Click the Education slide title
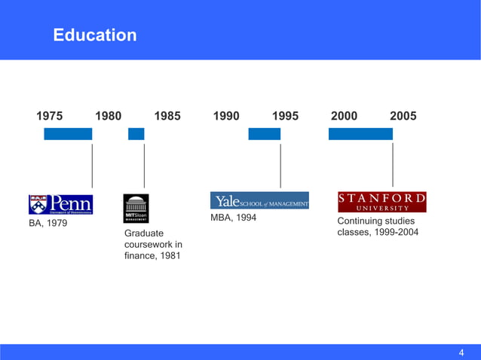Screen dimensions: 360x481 coord(95,35)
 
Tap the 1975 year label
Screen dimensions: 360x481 coord(50,116)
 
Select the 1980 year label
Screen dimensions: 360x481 coord(109,116)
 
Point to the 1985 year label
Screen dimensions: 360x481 coord(167,116)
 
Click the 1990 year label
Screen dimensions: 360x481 coord(226,116)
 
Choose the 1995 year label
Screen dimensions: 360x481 coord(285,116)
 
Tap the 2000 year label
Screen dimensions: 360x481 coord(344,116)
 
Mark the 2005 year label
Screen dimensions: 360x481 coord(403,116)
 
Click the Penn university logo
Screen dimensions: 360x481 coord(60,205)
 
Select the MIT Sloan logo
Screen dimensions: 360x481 coord(136,209)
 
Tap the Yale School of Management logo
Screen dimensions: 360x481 coord(259,200)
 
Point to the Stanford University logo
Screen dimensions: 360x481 coord(381,202)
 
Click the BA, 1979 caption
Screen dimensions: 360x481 coord(47,224)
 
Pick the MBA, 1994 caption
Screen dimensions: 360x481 coord(234,218)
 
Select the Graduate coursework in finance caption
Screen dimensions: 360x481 coord(153,245)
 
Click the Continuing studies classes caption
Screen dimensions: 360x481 coord(377,227)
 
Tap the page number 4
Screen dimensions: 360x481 coord(461,352)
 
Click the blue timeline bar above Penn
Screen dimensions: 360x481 coord(68,134)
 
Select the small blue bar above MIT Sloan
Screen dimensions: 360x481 coord(136,134)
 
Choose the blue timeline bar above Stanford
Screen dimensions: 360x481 coord(360,134)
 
